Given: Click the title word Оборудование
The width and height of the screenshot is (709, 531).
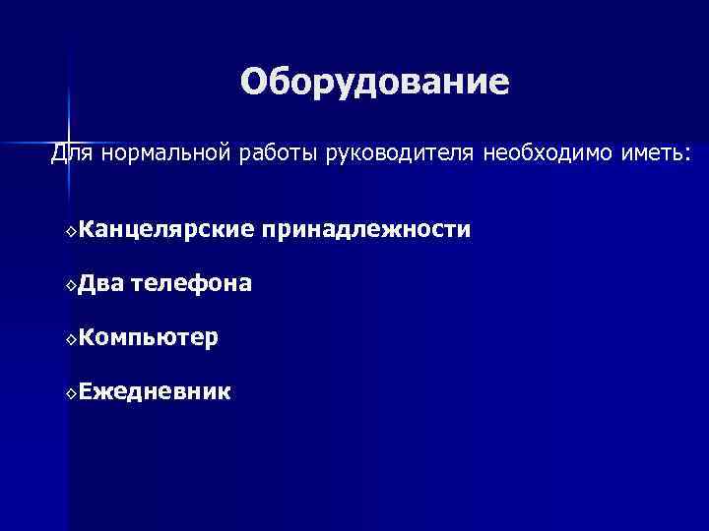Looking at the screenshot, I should click(x=374, y=83).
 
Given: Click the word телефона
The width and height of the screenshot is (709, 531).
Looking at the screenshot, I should click(x=191, y=284).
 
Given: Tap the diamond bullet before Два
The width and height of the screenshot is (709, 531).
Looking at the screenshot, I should click(x=71, y=286).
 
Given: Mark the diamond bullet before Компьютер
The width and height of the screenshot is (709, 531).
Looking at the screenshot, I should click(x=71, y=340).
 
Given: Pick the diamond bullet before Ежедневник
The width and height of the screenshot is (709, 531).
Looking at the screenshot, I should click(x=71, y=394).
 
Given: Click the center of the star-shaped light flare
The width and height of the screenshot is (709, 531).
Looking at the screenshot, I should click(x=70, y=137).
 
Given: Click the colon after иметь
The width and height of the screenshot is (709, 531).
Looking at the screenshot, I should click(x=688, y=156).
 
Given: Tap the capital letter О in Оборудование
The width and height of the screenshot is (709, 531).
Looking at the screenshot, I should click(x=254, y=83).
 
